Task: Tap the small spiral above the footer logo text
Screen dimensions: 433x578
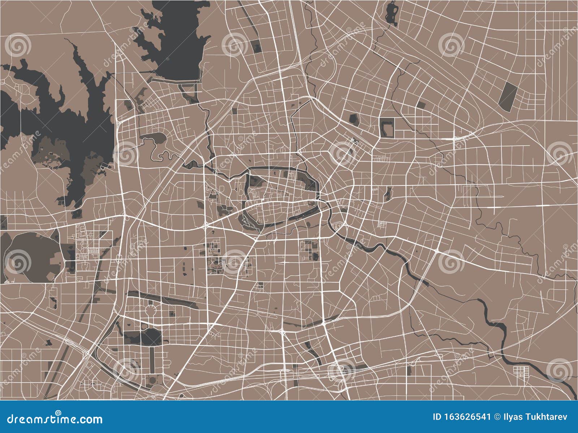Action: tap(58, 413)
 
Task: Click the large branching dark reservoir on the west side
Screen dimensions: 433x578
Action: tap(72, 119)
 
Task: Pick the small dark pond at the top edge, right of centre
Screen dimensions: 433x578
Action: tap(391, 14)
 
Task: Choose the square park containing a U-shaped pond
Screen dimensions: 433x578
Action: tap(387, 127)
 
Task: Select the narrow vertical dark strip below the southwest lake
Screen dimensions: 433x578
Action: tap(152, 360)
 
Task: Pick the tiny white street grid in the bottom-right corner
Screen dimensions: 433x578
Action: tap(521, 372)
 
